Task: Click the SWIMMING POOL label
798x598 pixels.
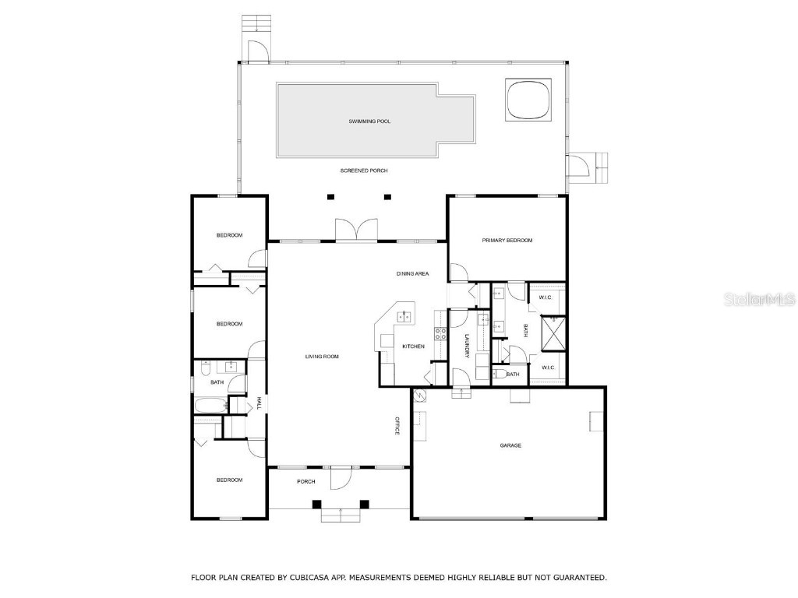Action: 369,121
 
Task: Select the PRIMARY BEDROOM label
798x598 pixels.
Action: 507,241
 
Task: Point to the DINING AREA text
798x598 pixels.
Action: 412,273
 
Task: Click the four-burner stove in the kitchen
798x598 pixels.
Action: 440,335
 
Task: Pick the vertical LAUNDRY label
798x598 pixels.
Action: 466,346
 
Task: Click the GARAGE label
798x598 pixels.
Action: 510,445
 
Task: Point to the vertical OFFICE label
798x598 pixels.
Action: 397,426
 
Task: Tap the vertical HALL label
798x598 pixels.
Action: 259,403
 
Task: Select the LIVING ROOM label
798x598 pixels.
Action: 322,357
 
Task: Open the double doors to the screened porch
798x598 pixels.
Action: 356,231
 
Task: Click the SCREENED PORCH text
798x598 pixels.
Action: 363,171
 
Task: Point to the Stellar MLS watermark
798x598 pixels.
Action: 758,299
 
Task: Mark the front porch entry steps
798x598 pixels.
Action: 341,514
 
